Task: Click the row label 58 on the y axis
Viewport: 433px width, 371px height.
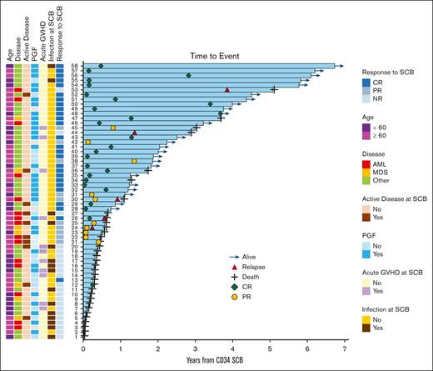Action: tap(74, 66)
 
